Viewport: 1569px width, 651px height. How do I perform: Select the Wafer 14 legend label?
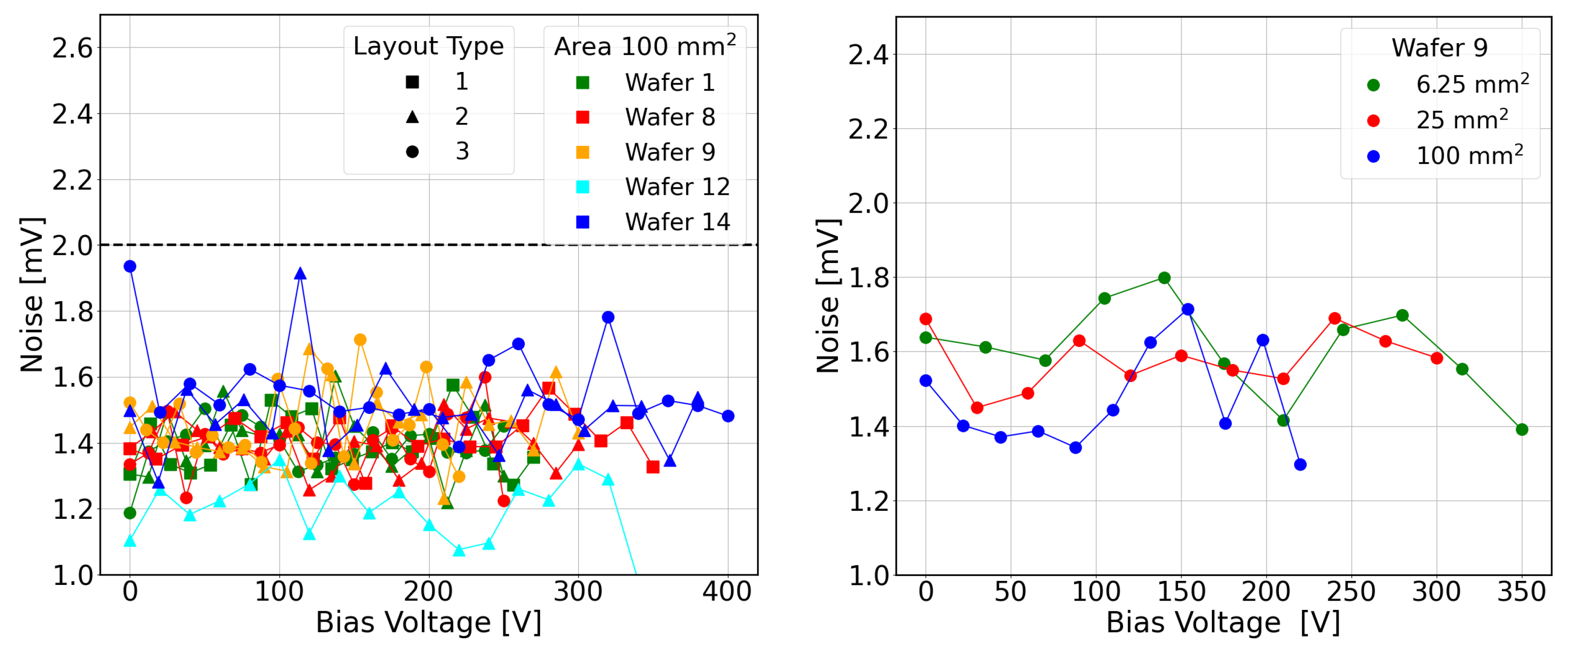click(677, 222)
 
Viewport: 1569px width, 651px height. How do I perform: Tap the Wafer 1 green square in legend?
click(583, 83)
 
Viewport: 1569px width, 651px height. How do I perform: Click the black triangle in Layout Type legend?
click(413, 116)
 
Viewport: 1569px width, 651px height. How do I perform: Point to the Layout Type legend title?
click(429, 46)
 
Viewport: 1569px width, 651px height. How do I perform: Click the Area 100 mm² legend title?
click(645, 45)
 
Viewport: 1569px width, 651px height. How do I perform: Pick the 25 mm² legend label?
click(1462, 120)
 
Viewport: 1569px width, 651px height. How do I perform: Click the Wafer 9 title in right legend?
click(1440, 48)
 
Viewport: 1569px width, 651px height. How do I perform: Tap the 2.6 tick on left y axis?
click(72, 48)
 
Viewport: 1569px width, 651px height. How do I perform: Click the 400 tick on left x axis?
click(727, 591)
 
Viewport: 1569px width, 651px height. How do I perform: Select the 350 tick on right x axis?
click(1522, 591)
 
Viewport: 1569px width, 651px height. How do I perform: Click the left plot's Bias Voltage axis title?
click(429, 623)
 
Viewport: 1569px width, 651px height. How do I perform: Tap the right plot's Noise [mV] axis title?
click(828, 296)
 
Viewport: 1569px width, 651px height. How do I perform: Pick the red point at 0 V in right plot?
click(926, 319)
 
